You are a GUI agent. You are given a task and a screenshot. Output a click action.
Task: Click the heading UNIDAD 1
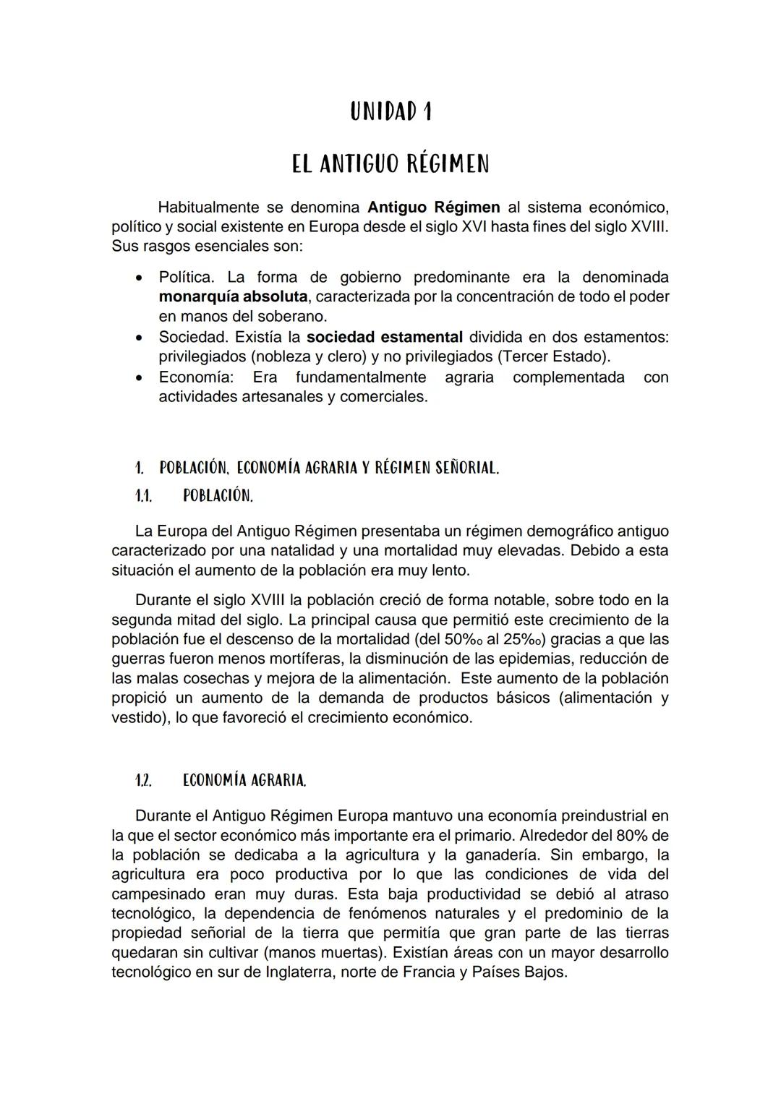(390, 111)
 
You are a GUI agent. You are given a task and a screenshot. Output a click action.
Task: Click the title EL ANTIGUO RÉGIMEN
(390, 164)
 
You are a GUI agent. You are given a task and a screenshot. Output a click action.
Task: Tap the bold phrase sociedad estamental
(384, 337)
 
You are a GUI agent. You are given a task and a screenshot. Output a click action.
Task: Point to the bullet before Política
(139, 278)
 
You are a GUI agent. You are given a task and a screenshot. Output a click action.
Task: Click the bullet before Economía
(139, 377)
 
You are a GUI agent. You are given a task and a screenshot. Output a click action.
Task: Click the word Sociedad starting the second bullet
(192, 337)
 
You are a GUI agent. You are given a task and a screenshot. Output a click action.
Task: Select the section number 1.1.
(143, 496)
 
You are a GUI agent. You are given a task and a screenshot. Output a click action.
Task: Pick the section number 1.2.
(143, 781)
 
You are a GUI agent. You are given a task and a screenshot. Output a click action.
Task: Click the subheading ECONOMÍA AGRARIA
(244, 781)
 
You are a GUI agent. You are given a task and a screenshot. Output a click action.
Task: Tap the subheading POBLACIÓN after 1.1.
(218, 496)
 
